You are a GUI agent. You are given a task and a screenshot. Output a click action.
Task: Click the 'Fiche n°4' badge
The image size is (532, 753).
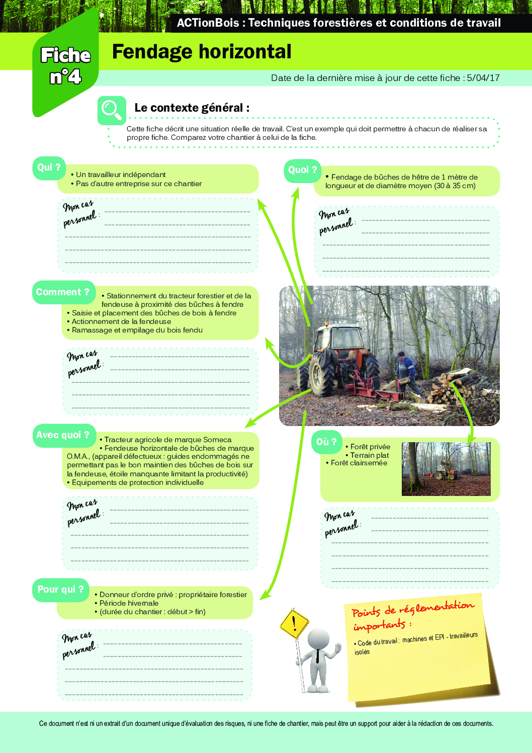[x=65, y=65]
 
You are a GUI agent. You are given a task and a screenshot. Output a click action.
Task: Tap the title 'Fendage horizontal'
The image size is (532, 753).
[x=202, y=52]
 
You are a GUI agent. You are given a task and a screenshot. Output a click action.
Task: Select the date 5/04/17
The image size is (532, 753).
[x=483, y=78]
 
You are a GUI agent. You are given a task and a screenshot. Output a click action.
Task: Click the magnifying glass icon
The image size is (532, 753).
[x=111, y=110]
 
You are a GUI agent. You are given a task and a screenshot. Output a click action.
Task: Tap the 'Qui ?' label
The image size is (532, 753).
[x=49, y=168]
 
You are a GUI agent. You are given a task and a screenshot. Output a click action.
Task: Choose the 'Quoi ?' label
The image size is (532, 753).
[x=302, y=170]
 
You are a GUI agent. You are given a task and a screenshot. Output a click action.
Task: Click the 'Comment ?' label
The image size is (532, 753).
[x=63, y=292]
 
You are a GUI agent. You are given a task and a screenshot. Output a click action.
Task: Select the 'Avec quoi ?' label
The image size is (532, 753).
[x=63, y=435]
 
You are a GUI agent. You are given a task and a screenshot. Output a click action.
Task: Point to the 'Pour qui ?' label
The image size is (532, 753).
[x=60, y=590]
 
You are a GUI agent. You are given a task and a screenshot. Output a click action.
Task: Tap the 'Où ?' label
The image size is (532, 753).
[x=326, y=442]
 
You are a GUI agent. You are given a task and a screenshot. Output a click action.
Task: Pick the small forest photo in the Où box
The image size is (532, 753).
[x=446, y=469]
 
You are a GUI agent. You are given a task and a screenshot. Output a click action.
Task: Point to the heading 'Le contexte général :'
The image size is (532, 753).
[x=192, y=108]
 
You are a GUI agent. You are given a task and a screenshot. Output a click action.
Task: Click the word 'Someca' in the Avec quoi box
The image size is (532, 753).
[x=217, y=440]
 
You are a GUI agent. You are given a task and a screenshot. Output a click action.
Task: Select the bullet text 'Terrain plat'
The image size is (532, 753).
[x=370, y=455]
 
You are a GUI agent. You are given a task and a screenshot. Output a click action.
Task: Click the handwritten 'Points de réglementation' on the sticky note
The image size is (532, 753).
[x=412, y=609]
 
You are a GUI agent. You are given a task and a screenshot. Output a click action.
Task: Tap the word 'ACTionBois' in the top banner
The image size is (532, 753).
[x=208, y=23]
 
